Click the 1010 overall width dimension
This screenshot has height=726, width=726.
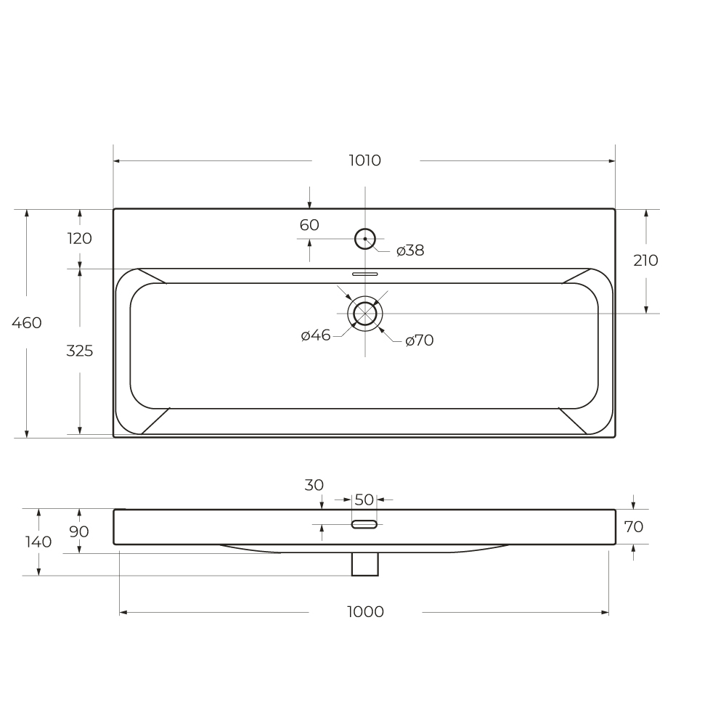coord(365,160)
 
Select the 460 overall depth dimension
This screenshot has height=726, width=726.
coord(27,322)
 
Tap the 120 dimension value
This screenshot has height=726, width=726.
coord(80,238)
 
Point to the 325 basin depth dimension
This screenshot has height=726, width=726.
coord(80,351)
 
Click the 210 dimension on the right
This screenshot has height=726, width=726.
coord(646,260)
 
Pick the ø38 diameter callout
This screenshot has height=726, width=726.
coord(410,250)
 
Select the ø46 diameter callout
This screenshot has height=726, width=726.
coord(316,335)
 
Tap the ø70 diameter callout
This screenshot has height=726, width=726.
coord(420,340)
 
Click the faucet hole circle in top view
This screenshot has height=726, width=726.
coord(365,229)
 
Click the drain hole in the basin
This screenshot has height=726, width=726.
coord(365,303)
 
